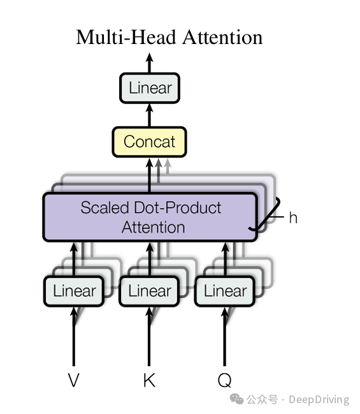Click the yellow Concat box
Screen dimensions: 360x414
(149, 142)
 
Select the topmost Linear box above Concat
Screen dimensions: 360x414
(150, 87)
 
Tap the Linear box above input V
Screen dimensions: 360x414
(74, 291)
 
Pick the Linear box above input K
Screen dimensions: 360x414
(149, 291)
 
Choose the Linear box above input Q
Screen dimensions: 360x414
(225, 291)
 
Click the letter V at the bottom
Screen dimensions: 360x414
(73, 380)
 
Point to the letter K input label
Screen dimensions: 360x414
(149, 380)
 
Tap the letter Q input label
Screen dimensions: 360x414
(225, 380)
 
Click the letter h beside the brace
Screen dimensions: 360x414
(293, 218)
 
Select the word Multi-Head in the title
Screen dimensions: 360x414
(126, 37)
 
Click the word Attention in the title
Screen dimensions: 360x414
(222, 37)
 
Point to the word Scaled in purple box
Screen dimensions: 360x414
(104, 207)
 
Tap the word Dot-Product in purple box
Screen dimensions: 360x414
(178, 207)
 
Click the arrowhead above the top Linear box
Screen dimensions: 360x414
(150, 57)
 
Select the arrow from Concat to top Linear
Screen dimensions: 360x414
(150, 115)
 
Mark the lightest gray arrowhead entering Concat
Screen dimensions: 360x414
(168, 163)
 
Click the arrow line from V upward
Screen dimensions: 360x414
(74, 336)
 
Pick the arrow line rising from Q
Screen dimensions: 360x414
(225, 336)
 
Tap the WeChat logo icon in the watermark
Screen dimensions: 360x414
(236, 399)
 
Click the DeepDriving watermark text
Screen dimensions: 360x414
(319, 400)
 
